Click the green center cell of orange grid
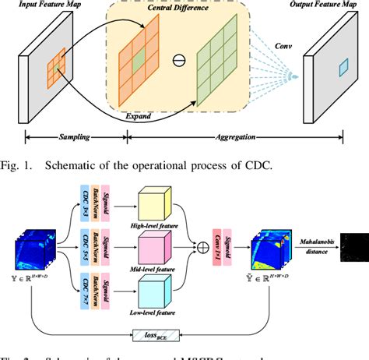[138, 59]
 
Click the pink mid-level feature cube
[160, 254]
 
